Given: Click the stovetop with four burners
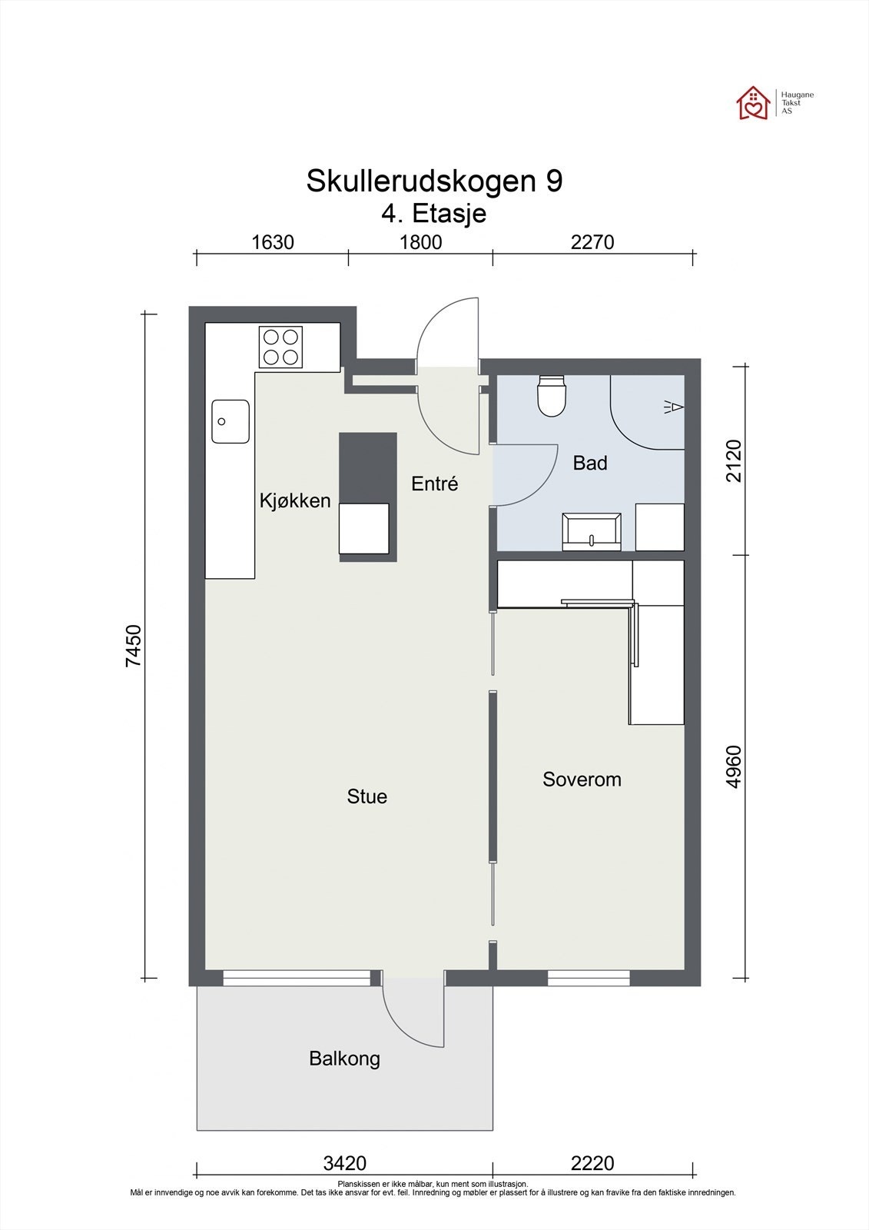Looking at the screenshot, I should (280, 347).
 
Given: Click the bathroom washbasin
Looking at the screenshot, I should (592, 531).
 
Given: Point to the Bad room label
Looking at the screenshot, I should (590, 464).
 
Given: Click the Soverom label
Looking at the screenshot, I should (582, 780).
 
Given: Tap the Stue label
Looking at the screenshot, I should (367, 796).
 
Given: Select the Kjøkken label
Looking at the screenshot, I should (295, 501).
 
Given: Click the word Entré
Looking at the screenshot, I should (435, 484).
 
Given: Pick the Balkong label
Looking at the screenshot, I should (344, 1059).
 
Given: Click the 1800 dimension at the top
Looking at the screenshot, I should (421, 243).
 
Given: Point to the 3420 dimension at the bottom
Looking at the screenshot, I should (345, 1163).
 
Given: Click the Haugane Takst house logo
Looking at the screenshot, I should (753, 103).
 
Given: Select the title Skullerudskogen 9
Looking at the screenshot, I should (434, 181).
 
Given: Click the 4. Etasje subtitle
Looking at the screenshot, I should (434, 213).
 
